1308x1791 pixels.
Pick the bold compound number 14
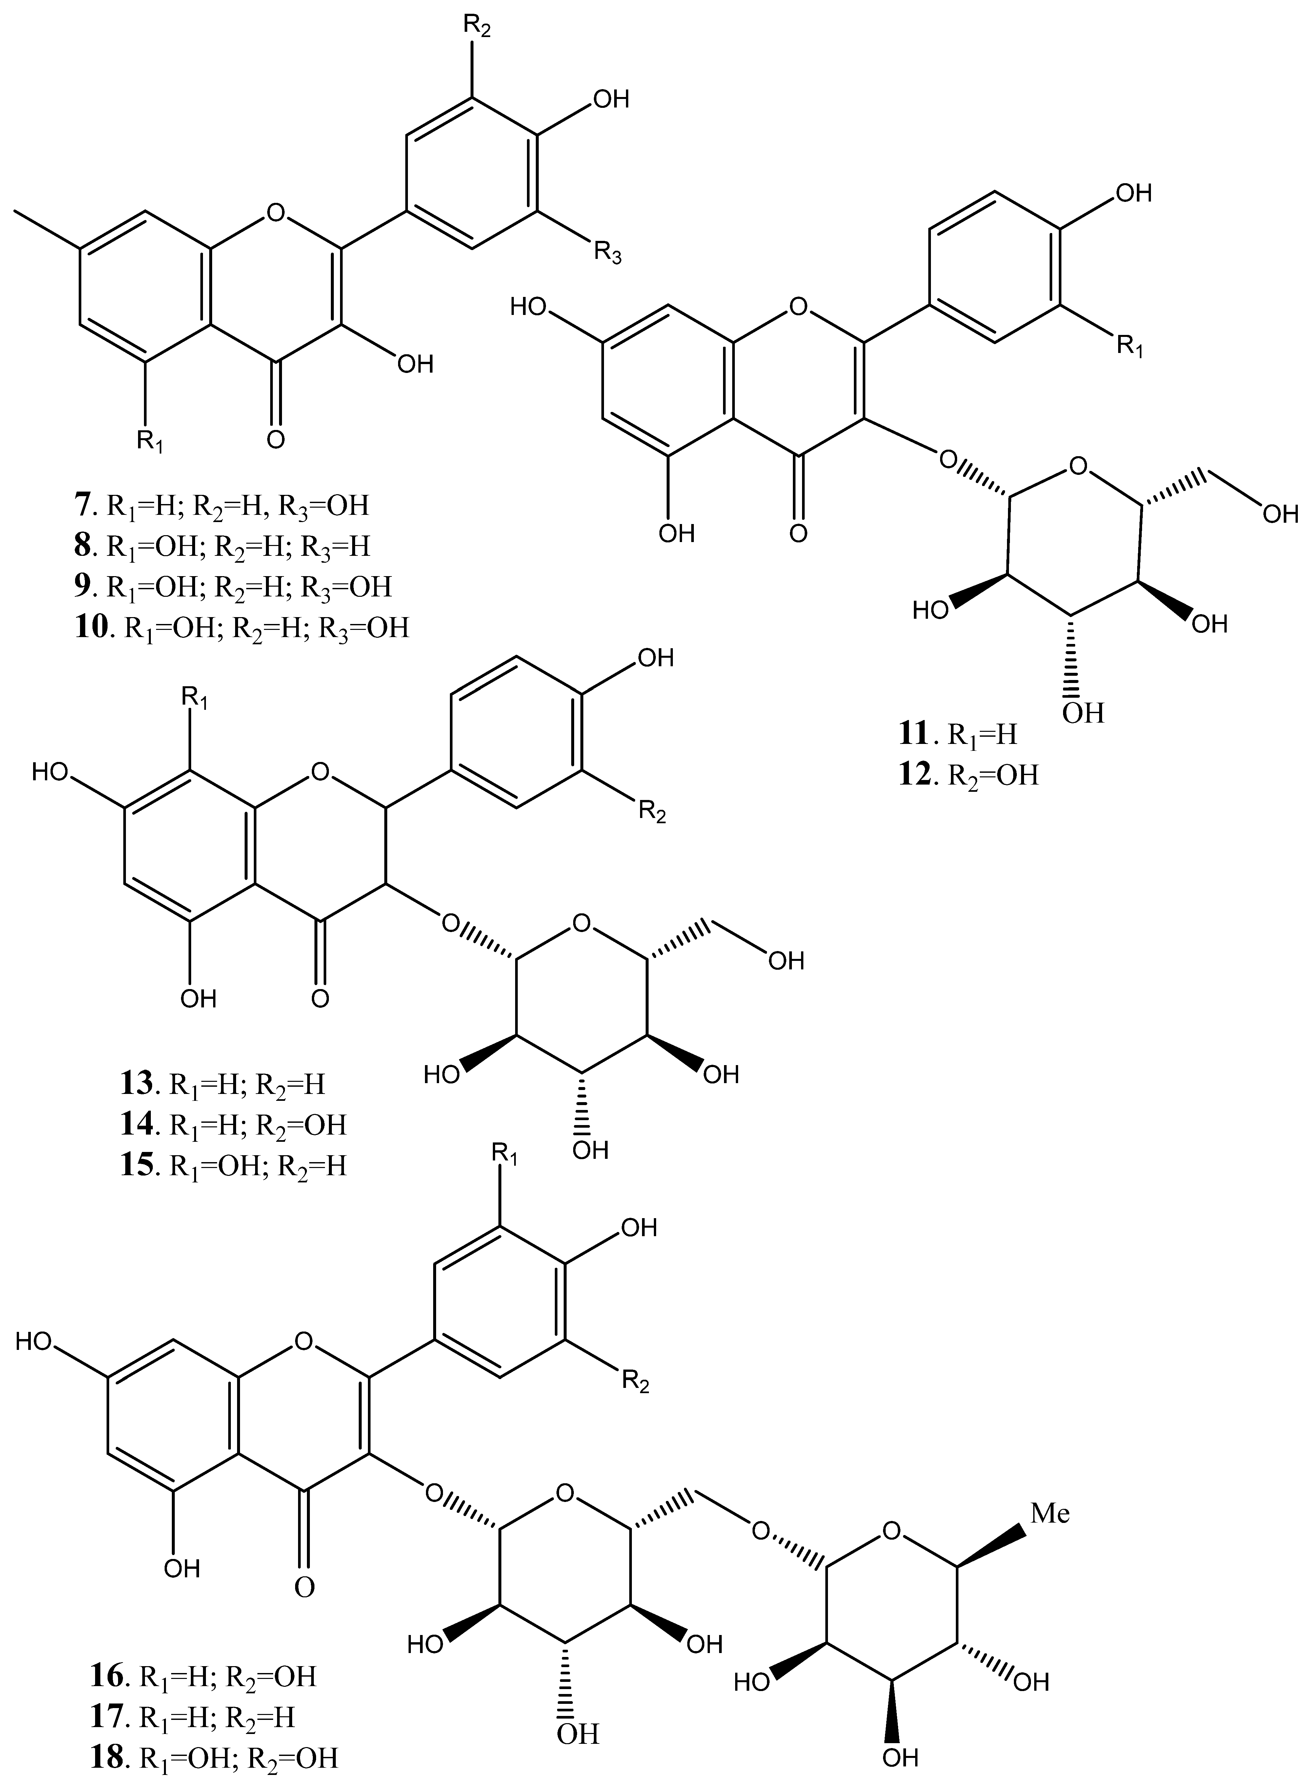pos(136,1125)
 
